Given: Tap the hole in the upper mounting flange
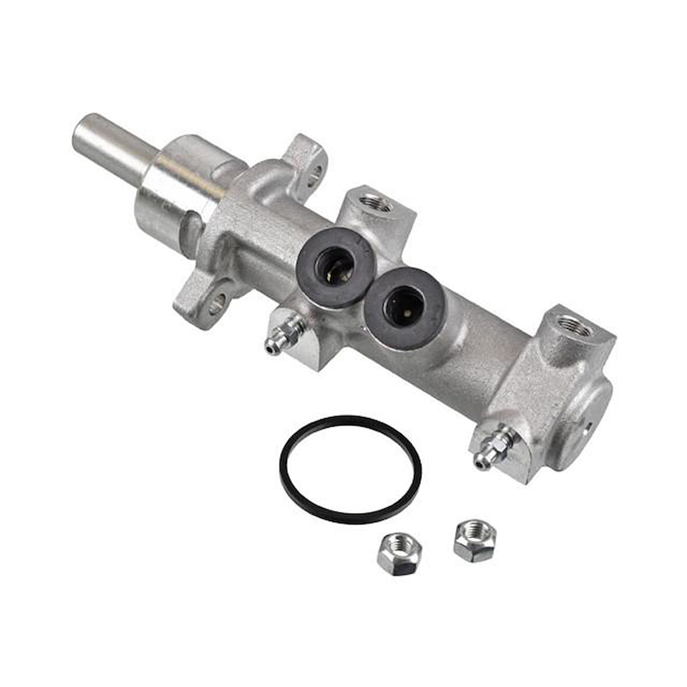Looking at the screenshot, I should coord(316,171).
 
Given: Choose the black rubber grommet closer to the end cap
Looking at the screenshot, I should coord(406,308).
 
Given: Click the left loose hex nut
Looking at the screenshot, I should coord(399,554).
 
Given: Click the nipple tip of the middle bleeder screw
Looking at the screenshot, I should coord(269,348).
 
